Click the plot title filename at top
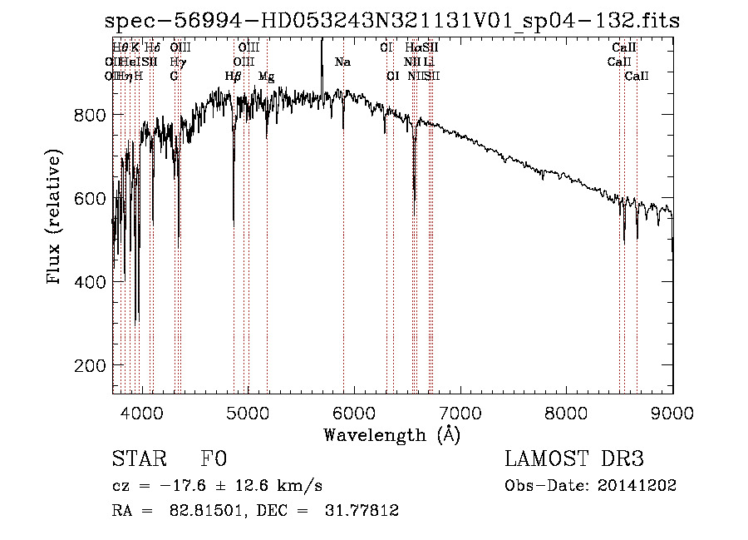point(393,22)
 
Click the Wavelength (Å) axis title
point(392,434)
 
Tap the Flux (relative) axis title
point(55,218)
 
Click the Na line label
point(342,62)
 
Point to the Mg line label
point(266,77)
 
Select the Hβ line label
point(234,77)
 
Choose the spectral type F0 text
point(214,459)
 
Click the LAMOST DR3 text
point(574,459)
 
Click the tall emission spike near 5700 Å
point(322,58)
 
